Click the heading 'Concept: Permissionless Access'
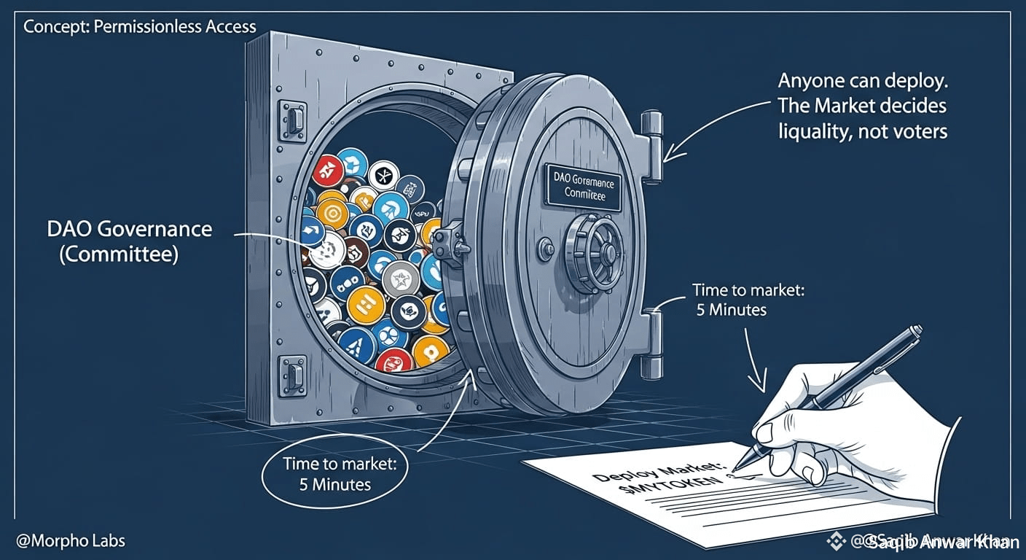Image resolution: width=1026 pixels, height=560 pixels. (x=140, y=27)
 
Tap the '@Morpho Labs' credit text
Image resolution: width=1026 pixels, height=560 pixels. (x=74, y=540)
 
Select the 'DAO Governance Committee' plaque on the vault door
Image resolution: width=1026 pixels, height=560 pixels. (x=583, y=184)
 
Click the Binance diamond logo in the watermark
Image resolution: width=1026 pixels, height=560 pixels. (x=837, y=541)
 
